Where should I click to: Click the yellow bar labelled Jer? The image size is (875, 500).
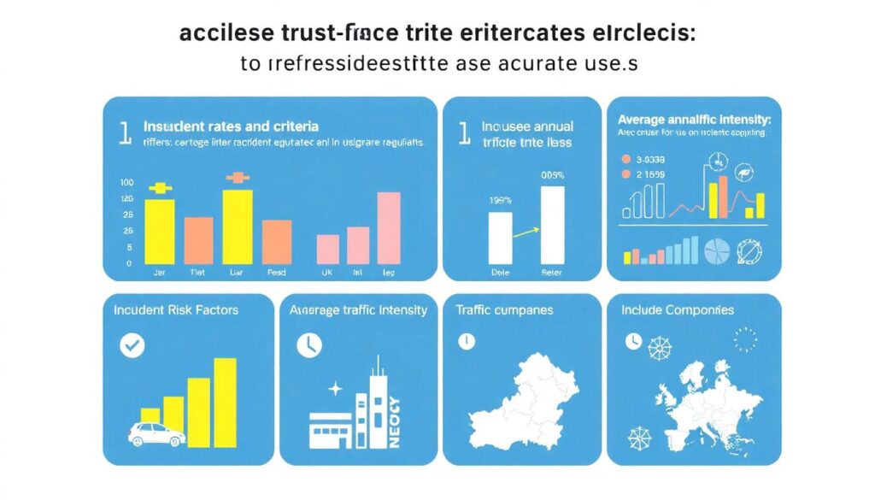[160, 231]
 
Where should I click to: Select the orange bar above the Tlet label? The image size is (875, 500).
[198, 240]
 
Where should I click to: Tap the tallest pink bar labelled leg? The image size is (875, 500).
[388, 227]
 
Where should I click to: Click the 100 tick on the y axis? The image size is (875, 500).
[127, 183]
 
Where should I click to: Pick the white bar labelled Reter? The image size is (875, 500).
[552, 225]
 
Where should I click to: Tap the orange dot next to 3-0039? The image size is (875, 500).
[626, 160]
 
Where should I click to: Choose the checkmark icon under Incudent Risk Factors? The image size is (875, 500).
[133, 345]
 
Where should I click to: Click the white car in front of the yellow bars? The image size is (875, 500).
[156, 434]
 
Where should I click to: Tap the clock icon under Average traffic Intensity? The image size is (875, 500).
[308, 345]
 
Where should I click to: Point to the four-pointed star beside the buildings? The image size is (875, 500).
[335, 389]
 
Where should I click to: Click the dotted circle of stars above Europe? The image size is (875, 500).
[745, 338]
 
